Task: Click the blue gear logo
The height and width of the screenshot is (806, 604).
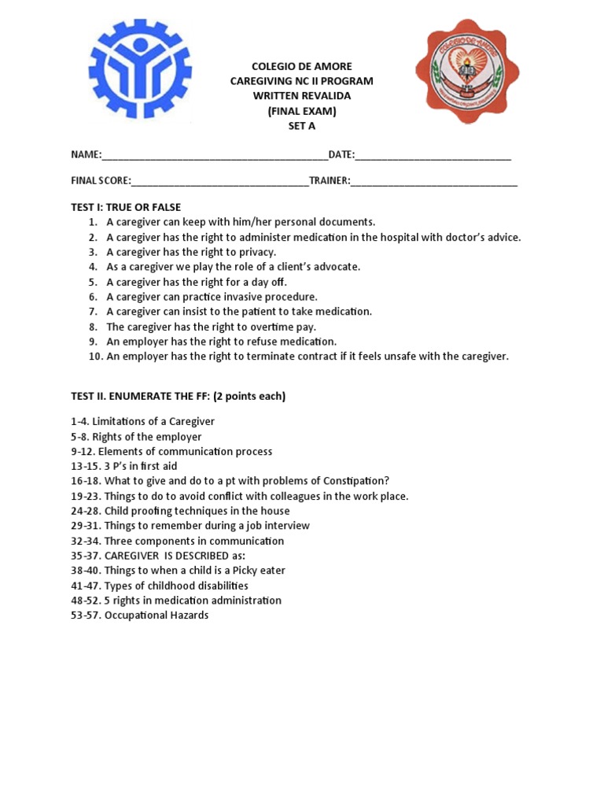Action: [x=140, y=70]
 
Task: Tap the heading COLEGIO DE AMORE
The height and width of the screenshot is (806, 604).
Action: [x=301, y=66]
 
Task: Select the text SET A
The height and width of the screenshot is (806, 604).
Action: [x=301, y=126]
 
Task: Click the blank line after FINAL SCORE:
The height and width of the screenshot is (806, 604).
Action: [x=220, y=181]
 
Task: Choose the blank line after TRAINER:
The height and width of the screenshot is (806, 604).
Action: [x=434, y=181]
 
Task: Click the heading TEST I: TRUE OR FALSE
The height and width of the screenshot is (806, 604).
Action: [x=126, y=208]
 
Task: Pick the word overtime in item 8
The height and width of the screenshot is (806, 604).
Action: [x=271, y=327]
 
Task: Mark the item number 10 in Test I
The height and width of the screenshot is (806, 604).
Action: [x=95, y=357]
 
